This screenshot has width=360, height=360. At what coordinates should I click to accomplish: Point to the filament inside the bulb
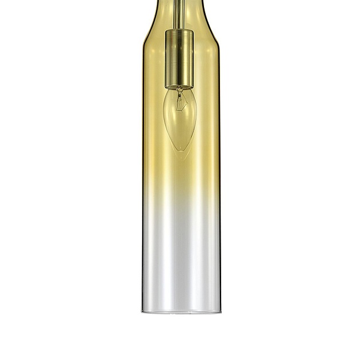coord(179,102)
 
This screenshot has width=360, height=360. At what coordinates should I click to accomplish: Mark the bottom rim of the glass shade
coord(181,312)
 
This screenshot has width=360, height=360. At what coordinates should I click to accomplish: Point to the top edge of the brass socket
coord(179,31)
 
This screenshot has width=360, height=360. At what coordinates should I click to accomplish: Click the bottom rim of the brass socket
coord(179,87)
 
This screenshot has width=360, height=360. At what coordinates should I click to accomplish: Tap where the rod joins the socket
coord(179,29)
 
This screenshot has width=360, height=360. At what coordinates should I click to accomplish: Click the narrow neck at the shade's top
coord(179,5)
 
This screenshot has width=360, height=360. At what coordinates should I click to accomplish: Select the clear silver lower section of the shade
coord(181,257)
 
